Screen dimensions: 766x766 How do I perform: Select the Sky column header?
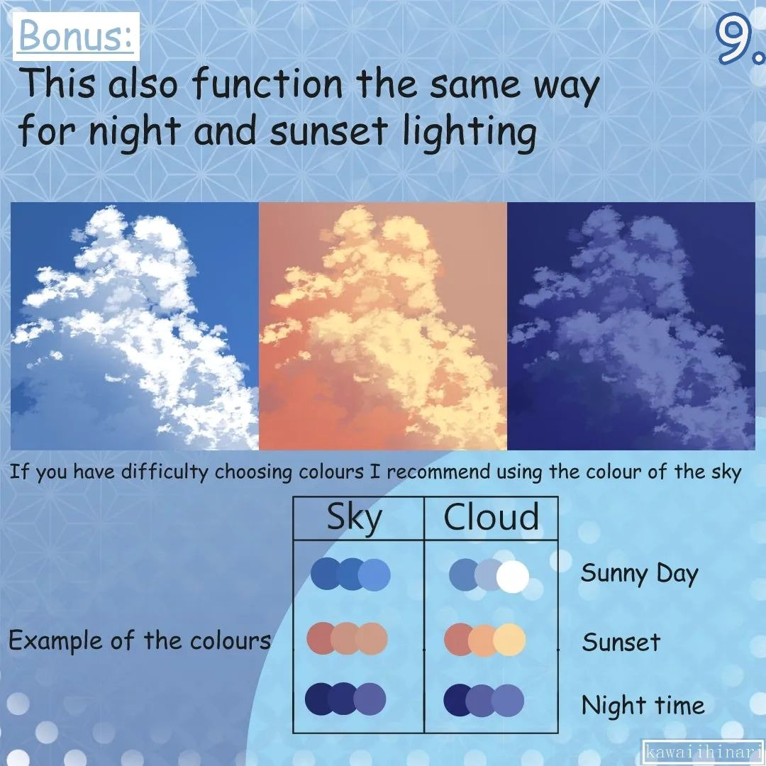click(x=354, y=518)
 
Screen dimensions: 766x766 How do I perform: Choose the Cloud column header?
click(x=491, y=518)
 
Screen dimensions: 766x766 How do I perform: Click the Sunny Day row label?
click(x=639, y=574)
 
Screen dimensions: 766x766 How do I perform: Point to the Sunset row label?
click(x=621, y=643)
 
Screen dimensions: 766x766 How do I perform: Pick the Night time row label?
click(x=643, y=706)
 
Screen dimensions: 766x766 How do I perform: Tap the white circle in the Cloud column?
click(x=513, y=577)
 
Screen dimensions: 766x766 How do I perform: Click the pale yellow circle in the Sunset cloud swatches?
click(x=509, y=640)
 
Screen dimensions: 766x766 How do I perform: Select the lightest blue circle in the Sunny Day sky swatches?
click(x=374, y=574)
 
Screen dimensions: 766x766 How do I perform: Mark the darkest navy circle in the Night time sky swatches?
click(x=321, y=699)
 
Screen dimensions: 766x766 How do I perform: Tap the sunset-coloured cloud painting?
click(x=383, y=326)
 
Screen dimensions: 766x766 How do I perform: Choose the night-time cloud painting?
click(x=631, y=326)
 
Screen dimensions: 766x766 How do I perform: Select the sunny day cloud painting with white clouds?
click(x=135, y=326)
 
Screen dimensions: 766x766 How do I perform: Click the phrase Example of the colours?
click(x=140, y=641)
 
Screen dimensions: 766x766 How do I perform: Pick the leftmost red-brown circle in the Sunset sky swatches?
click(x=321, y=638)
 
